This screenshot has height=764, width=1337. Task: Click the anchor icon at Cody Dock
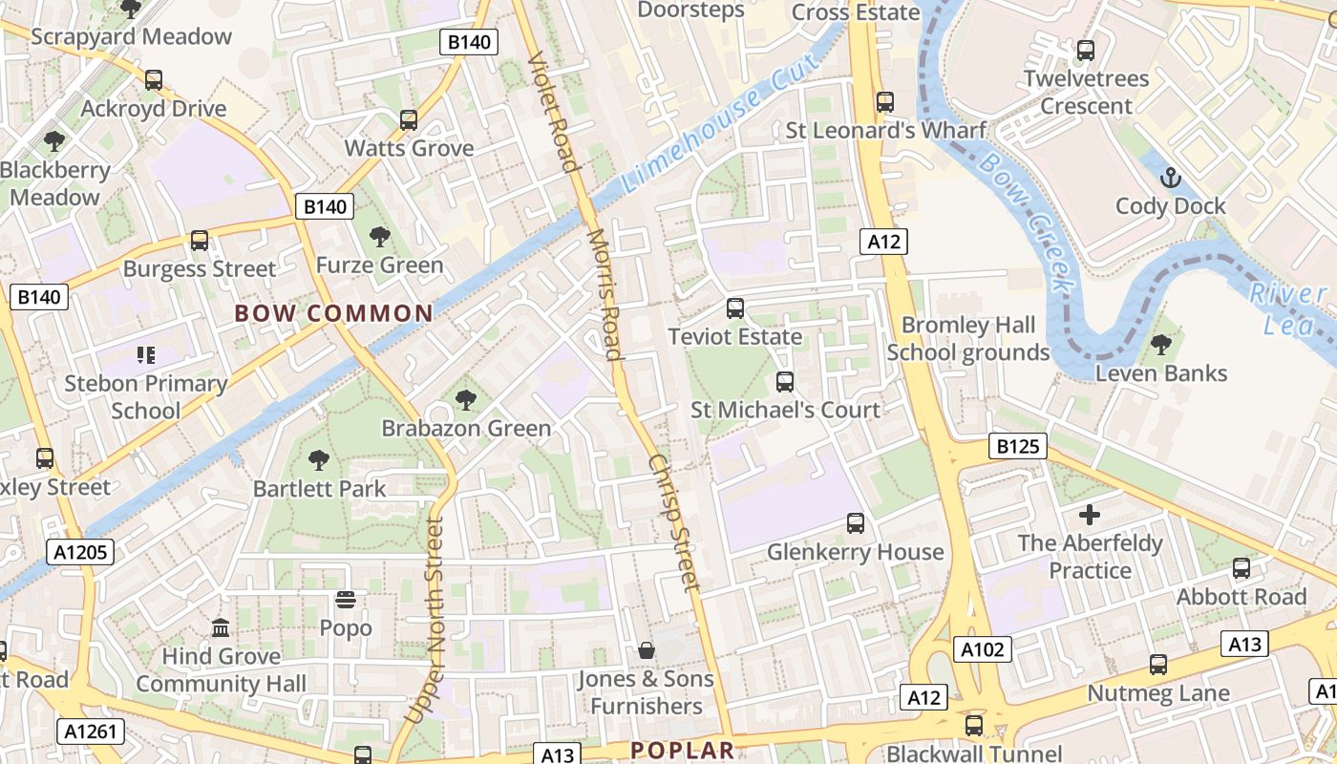click(1170, 178)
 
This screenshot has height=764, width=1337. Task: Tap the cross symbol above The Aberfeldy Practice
click(1090, 516)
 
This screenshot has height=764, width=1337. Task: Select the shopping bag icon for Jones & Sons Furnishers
click(647, 650)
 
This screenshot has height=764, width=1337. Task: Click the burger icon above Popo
click(346, 600)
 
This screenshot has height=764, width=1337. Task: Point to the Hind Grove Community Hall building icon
click(221, 628)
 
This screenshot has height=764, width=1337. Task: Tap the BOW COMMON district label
click(333, 313)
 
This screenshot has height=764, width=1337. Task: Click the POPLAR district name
click(682, 751)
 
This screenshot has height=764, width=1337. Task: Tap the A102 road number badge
click(983, 650)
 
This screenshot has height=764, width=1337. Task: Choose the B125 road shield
click(1018, 446)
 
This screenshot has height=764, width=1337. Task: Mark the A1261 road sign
click(92, 732)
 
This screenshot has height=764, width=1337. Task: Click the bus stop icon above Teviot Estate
click(734, 308)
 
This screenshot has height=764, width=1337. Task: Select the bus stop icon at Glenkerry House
click(856, 523)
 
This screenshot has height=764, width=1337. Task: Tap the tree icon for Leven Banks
click(1161, 345)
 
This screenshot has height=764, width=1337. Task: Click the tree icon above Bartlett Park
click(319, 460)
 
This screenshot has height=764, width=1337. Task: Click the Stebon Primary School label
click(145, 397)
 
